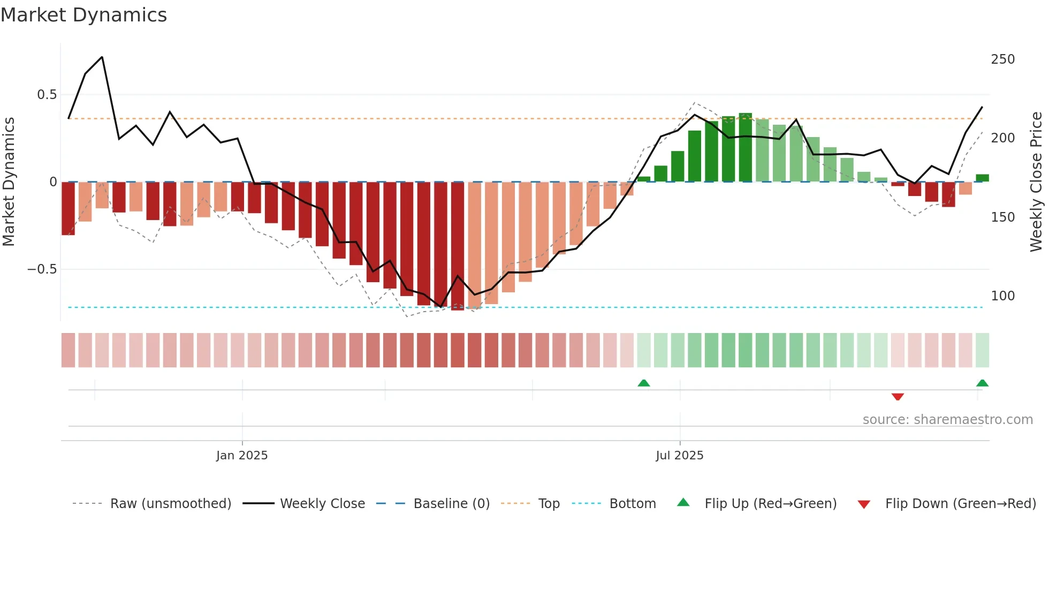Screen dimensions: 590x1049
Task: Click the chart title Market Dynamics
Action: click(83, 15)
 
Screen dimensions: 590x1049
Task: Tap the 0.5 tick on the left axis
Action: click(47, 95)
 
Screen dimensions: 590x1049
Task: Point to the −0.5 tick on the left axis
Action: click(42, 269)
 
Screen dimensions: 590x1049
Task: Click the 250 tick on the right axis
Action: click(1002, 59)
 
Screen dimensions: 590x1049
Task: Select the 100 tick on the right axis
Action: click(1002, 296)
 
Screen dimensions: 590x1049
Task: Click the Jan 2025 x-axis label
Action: click(242, 456)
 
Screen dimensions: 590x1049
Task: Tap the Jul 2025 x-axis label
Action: click(679, 456)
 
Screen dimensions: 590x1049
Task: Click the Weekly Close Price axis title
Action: click(1036, 182)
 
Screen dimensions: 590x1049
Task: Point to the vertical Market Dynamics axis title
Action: click(9, 182)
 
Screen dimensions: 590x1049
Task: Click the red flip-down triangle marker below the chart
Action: click(898, 397)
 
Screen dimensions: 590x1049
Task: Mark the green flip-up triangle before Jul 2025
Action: click(644, 383)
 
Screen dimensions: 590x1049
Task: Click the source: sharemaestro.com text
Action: click(947, 420)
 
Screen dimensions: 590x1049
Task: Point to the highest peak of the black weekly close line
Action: click(102, 57)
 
